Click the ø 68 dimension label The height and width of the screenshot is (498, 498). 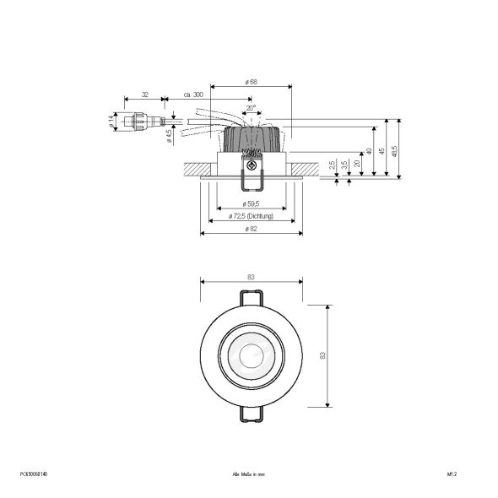(251, 81)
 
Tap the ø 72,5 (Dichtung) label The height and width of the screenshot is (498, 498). (251, 217)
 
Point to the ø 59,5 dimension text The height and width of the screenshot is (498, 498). (251, 204)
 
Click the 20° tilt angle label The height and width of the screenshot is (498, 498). (251, 108)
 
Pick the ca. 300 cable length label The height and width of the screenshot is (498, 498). (193, 95)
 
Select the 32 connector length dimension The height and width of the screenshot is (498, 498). (144, 95)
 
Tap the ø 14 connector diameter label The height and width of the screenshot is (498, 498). (111, 122)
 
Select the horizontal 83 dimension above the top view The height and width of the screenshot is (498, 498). (251, 277)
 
